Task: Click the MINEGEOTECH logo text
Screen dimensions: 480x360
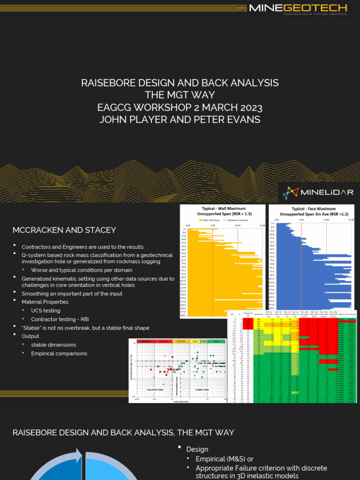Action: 298,7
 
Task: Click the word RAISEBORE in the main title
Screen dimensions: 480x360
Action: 106,83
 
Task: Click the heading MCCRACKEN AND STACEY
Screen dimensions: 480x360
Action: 64,230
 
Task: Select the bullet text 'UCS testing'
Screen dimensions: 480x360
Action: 45,311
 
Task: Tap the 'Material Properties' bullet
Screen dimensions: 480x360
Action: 45,302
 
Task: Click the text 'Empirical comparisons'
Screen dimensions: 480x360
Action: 59,353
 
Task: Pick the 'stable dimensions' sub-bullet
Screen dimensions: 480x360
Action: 53,345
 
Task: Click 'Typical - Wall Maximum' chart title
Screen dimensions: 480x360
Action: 220,208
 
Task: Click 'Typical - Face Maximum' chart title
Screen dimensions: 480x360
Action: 311,208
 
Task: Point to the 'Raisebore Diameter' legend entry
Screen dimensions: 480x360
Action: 240,220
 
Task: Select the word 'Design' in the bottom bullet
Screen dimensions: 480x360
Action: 197,449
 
